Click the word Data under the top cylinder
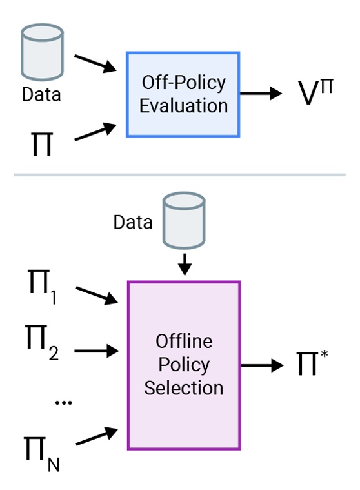[41, 95]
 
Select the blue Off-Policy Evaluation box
[183, 94]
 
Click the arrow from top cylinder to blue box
[95, 64]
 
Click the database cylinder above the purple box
[184, 221]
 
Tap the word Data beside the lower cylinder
[134, 223]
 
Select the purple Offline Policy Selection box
[184, 365]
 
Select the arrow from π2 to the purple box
[97, 351]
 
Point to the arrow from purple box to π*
[262, 365]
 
